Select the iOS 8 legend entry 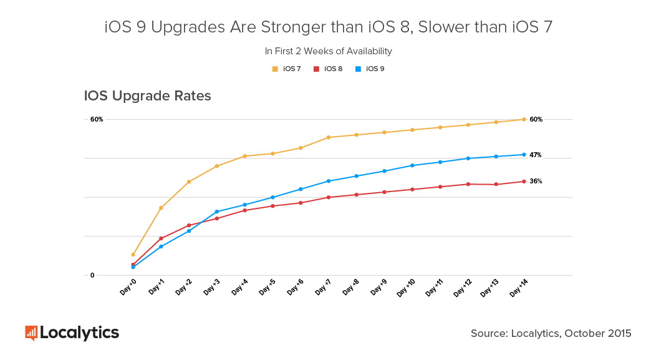point(329,69)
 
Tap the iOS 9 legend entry point(370,69)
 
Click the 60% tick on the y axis point(97,119)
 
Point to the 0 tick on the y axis point(92,275)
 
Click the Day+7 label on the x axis point(323,288)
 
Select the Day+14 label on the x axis point(519,288)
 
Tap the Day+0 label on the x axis point(128,288)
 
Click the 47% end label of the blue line point(536,155)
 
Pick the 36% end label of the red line point(536,182)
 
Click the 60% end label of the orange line point(536,119)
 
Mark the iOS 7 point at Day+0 point(133,255)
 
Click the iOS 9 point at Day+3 point(216,212)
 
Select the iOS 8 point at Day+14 point(524,182)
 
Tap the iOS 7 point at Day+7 point(328,137)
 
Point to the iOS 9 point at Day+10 point(412,165)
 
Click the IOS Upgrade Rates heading point(147,96)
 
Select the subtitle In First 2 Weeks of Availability point(328,51)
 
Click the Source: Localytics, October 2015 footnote point(551,334)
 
